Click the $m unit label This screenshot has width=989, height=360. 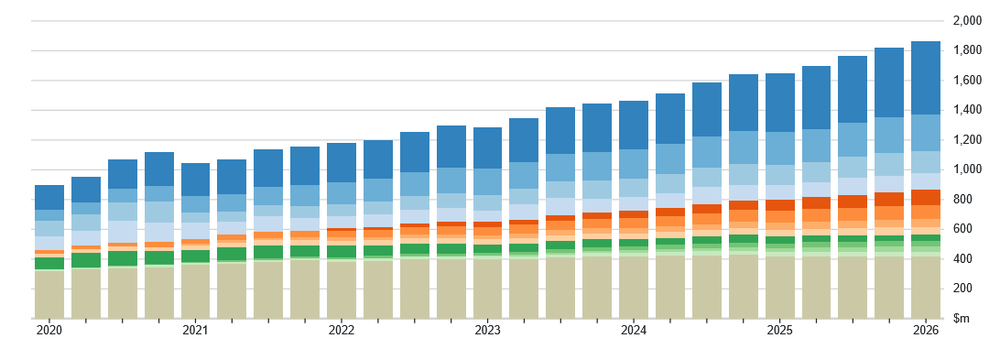961,320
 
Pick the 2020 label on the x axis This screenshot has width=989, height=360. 49,331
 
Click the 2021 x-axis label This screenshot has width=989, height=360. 196,331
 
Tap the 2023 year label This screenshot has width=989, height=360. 487,331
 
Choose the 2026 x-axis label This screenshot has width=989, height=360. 926,331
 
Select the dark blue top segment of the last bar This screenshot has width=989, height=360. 926,78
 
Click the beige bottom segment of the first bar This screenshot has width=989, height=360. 49,294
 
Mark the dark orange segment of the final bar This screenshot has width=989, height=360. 926,197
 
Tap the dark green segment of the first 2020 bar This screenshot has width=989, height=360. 49,264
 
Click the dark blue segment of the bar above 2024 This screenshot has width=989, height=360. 634,125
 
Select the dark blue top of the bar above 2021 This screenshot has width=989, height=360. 196,180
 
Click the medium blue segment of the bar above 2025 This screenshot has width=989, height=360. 780,148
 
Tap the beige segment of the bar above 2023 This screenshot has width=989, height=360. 487,289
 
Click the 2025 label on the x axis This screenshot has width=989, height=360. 780,331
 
